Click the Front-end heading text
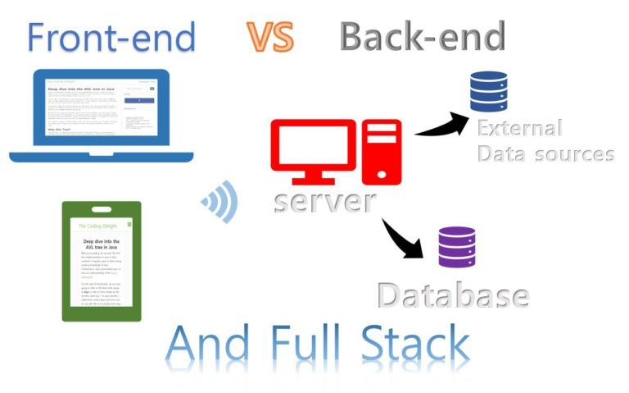point(111,37)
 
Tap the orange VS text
point(269,36)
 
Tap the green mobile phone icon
point(102,261)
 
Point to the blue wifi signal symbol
point(219,202)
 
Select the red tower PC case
point(382,151)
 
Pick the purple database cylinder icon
point(456,246)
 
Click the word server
point(325,200)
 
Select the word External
point(519,128)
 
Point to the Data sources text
point(545,153)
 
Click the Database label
point(452,295)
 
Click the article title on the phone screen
point(102,246)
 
